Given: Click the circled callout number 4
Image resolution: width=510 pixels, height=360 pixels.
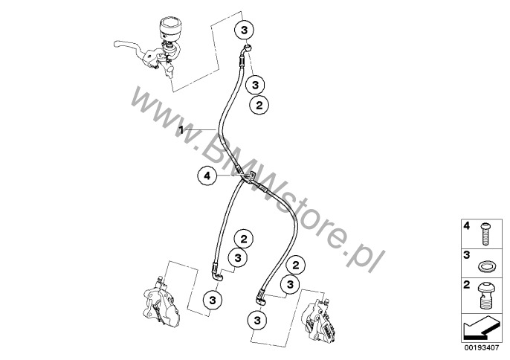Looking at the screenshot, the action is point(207,176).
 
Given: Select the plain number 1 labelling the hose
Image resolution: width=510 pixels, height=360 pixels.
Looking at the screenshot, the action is point(181,130).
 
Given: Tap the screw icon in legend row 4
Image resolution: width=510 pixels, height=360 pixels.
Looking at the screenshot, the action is point(485,234).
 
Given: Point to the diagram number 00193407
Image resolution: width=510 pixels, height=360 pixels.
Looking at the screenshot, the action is point(482,348).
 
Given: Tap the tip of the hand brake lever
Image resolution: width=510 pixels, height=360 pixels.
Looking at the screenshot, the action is point(115,43).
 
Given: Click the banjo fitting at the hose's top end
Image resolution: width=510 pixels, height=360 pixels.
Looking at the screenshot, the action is point(247,50).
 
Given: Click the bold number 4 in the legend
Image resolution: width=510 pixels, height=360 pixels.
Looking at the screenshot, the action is point(467,225).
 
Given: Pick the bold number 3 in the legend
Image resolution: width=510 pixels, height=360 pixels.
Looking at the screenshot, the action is point(467,255).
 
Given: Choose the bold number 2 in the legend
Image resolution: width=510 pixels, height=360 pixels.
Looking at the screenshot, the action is point(467,285).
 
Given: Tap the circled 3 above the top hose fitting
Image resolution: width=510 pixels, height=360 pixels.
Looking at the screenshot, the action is point(244,30).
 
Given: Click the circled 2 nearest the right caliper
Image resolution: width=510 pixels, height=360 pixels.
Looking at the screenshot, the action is point(295,266).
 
